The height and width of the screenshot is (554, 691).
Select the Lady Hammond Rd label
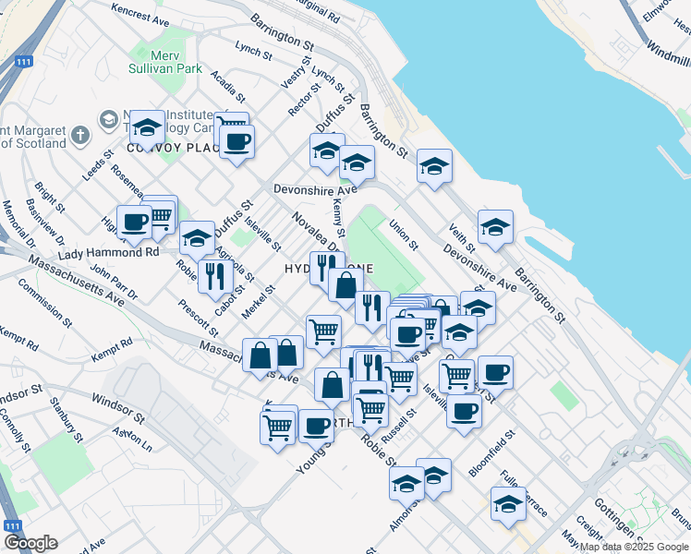point(108,252)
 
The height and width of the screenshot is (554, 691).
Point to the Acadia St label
point(227,85)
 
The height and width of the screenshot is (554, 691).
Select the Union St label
point(404,234)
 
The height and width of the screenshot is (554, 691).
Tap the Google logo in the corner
point(30,543)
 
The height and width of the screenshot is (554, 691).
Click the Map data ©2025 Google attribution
point(635,547)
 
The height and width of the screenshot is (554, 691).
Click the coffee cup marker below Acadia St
point(236,141)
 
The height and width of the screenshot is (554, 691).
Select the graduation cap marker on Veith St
point(495,227)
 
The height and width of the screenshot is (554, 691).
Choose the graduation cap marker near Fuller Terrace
point(508,503)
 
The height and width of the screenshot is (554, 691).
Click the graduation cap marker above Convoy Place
point(147,126)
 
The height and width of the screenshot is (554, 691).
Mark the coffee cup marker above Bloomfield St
point(464,409)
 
